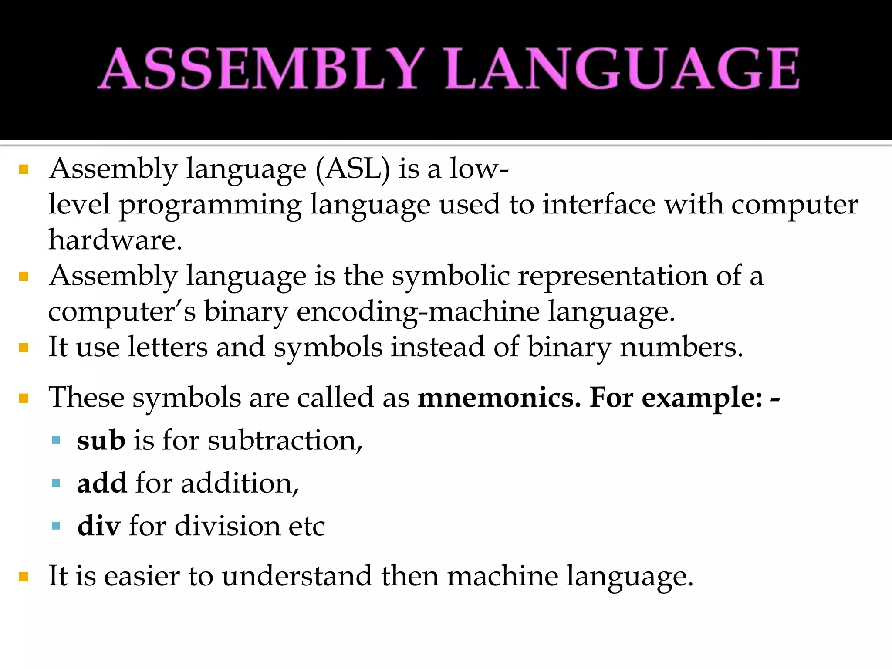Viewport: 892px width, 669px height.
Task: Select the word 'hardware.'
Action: pos(115,240)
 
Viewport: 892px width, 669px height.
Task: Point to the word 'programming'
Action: pos(210,206)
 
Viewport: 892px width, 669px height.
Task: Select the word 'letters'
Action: pos(168,348)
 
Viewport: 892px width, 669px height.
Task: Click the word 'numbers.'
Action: pos(681,348)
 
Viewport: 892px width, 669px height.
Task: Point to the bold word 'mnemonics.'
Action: pos(499,398)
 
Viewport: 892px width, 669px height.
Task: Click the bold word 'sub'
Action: pos(101,441)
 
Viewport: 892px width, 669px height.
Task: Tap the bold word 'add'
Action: pos(102,483)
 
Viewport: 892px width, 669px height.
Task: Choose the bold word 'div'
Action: pos(98,526)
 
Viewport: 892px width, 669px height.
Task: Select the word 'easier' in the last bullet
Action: pos(142,576)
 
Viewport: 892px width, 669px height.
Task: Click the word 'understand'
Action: pos(297,576)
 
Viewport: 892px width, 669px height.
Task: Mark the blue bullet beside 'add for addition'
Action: pos(56,483)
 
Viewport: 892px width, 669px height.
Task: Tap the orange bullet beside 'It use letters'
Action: pos(24,348)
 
